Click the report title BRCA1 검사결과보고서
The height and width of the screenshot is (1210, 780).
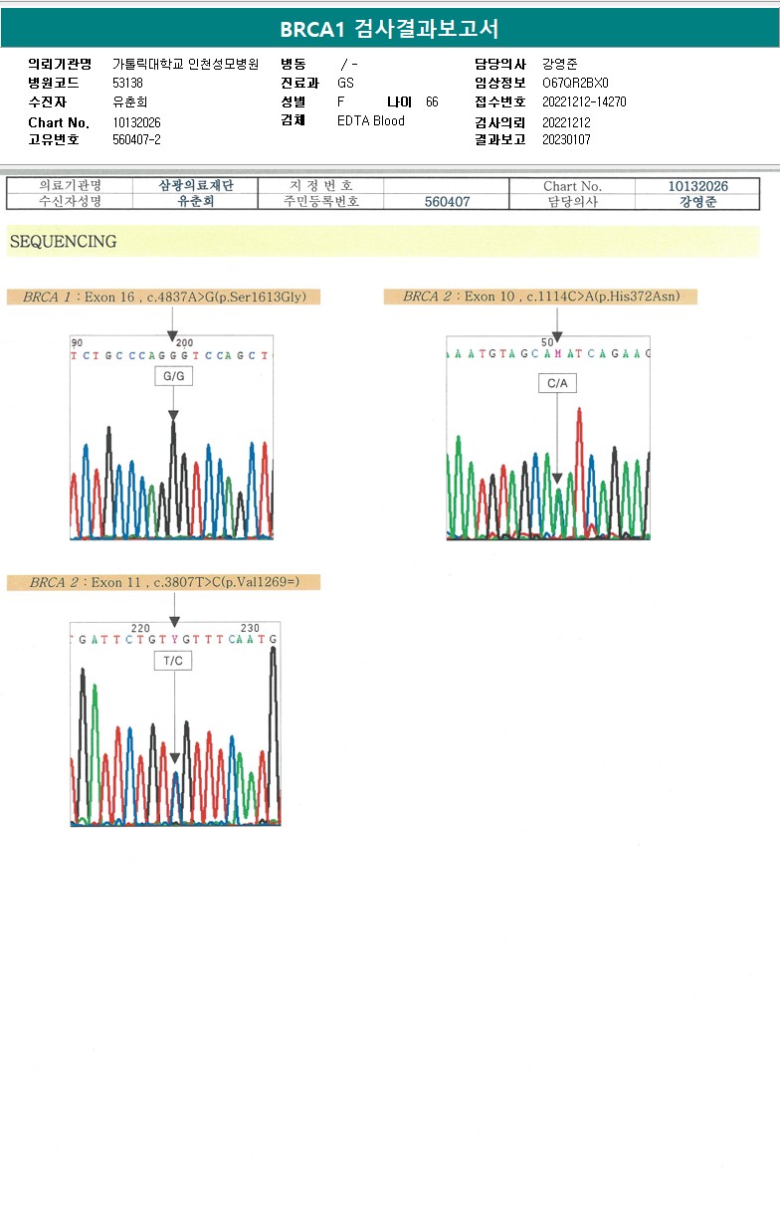coord(389,29)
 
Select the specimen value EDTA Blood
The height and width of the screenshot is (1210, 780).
coord(371,121)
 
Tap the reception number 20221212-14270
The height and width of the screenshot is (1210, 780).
coord(584,102)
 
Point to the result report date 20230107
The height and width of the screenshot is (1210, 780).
coord(566,140)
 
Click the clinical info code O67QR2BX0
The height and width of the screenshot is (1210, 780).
coord(575,84)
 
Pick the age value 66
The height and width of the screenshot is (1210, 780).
coord(432,102)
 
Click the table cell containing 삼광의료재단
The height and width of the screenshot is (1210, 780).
coord(196,186)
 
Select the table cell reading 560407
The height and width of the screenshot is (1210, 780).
coord(447,202)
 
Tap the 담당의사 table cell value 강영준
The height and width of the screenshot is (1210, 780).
coord(697,202)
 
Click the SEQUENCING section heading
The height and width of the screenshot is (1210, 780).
coord(63,242)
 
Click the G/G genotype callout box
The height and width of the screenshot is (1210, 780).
coord(173,376)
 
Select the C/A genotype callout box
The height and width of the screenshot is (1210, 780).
coord(557,383)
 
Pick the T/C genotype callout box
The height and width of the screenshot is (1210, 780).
coord(173,661)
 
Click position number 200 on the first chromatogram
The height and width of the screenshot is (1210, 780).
coord(184,342)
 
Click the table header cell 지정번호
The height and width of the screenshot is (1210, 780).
coord(320,186)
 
